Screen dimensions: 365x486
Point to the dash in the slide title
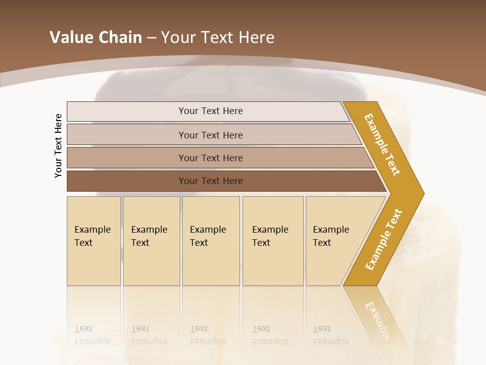click(x=151, y=38)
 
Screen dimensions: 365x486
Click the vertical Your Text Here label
click(x=59, y=145)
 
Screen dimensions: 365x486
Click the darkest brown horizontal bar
click(x=127, y=181)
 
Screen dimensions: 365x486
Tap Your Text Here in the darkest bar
click(x=211, y=181)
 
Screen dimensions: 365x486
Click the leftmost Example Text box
click(x=94, y=241)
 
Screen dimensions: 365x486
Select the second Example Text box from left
click(x=151, y=241)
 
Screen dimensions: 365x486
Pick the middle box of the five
click(x=211, y=241)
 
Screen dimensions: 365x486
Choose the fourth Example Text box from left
click(x=273, y=241)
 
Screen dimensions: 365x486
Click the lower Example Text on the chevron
click(x=384, y=239)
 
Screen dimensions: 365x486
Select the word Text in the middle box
click(x=199, y=243)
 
